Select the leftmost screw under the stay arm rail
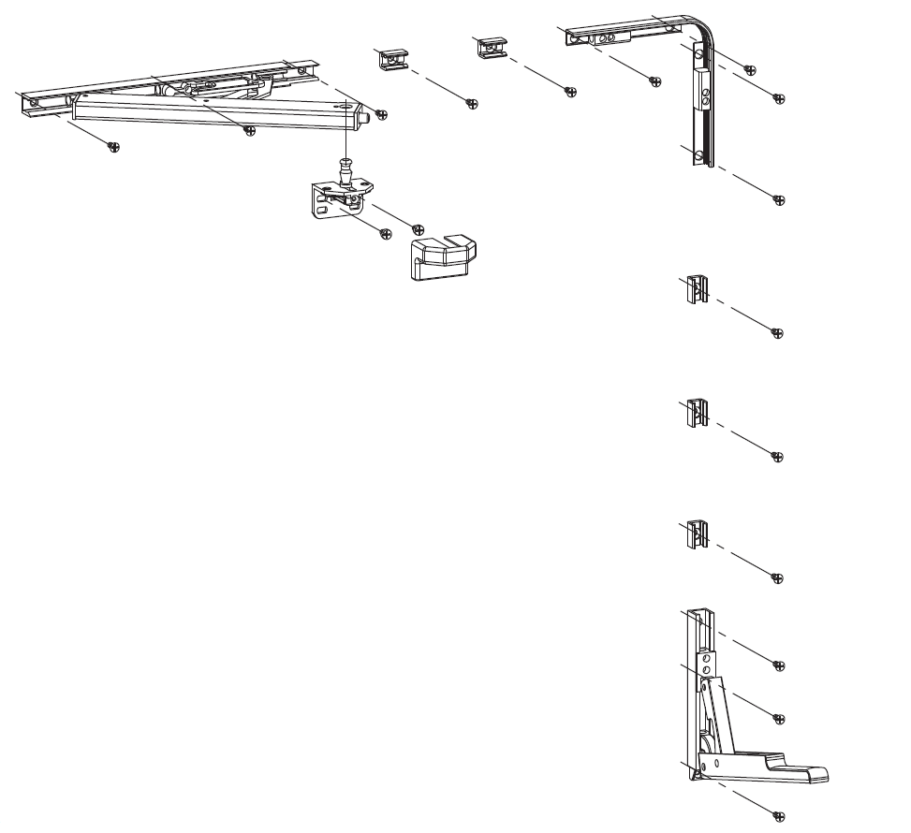tap(113, 146)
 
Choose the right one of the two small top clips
tap(492, 48)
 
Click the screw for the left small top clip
tap(472, 103)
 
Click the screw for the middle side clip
tap(776, 456)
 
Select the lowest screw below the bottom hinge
tap(776, 814)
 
